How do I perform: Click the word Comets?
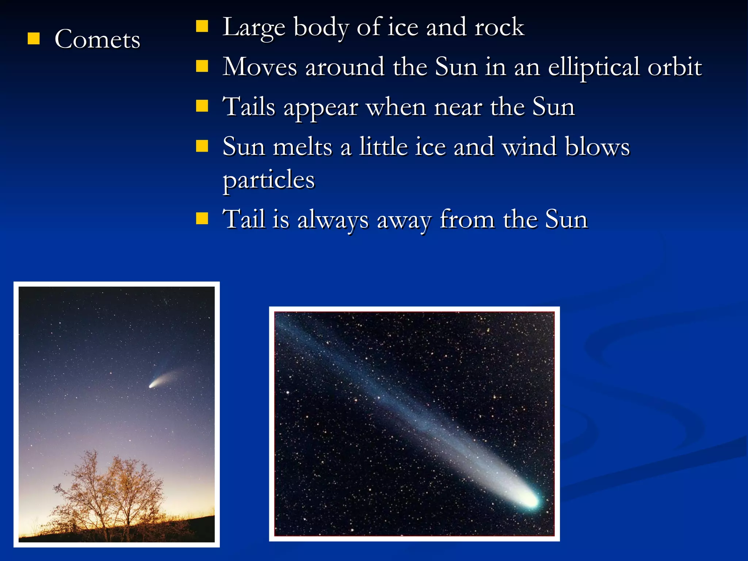(x=97, y=39)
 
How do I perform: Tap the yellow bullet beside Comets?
(x=34, y=38)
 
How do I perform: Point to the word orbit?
(x=674, y=67)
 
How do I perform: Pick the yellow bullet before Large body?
(x=202, y=26)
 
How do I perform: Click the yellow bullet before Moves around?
(x=202, y=66)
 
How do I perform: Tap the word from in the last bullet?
(x=467, y=220)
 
